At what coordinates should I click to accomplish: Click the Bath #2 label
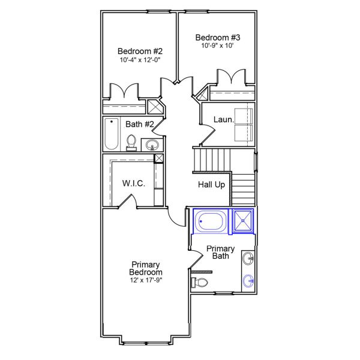[x=140, y=125]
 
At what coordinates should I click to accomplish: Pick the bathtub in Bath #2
[x=112, y=134]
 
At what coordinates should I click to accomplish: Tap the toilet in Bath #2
[x=131, y=142]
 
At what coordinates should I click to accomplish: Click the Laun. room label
[x=224, y=120]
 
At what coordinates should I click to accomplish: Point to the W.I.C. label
[x=133, y=183]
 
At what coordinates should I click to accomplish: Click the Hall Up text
[x=211, y=185]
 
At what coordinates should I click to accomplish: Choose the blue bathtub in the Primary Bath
[x=210, y=221]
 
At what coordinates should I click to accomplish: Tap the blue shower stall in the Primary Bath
[x=243, y=220]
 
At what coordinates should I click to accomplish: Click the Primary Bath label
[x=220, y=253]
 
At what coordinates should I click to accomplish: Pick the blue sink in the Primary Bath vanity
[x=249, y=280]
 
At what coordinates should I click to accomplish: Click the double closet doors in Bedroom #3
[x=231, y=78]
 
